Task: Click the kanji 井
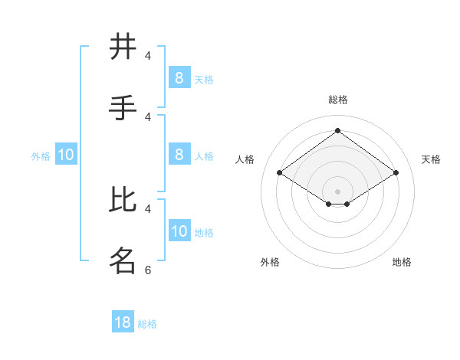tap(123, 47)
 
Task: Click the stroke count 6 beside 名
tap(148, 270)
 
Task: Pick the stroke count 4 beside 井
tap(148, 55)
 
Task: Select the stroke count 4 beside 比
tap(148, 208)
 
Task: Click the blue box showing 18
tap(123, 322)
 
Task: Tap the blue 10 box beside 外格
tap(66, 155)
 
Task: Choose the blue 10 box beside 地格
tap(179, 232)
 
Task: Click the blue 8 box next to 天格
tap(179, 78)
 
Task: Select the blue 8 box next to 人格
tap(179, 155)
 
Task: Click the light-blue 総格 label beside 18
tap(147, 324)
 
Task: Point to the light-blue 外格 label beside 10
tap(41, 156)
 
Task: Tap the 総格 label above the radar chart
tap(337, 100)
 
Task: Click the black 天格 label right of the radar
tap(431, 159)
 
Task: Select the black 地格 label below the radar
tap(402, 262)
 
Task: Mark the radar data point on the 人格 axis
tap(280, 173)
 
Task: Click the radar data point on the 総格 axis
tap(337, 131)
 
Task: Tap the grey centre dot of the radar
tap(337, 191)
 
